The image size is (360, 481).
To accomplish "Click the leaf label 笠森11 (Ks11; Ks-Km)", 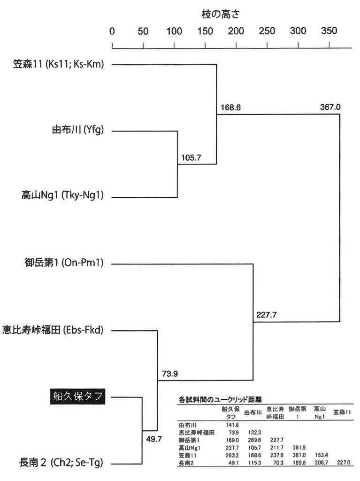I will (58, 64).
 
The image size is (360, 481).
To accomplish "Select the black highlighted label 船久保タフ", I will (77, 397).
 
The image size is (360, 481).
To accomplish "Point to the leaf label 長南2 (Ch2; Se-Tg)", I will (58, 464).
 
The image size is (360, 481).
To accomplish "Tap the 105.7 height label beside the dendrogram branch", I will (191, 158).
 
